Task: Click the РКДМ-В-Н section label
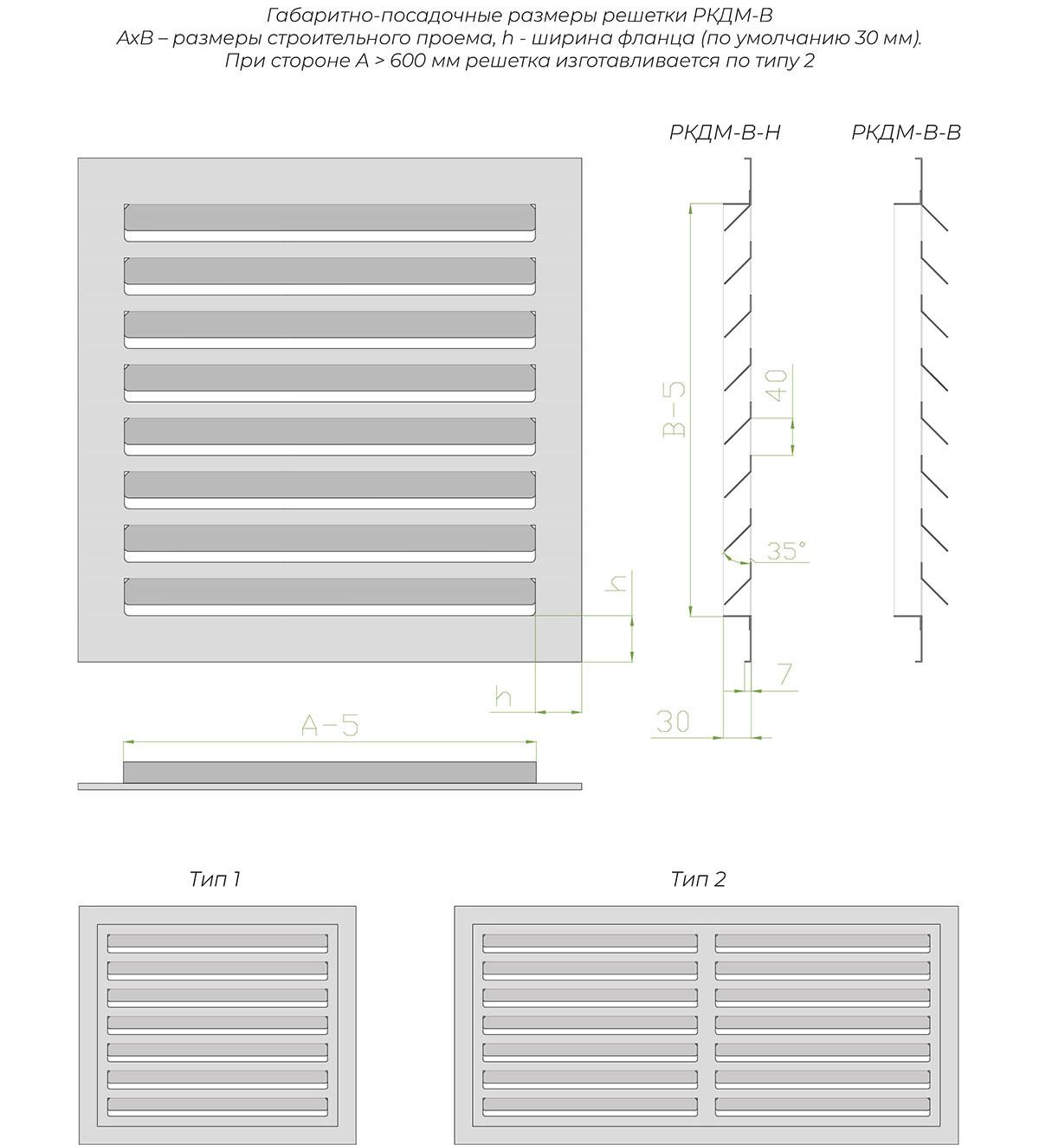click(x=725, y=133)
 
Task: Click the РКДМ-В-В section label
click(x=906, y=133)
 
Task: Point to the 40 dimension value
click(x=777, y=385)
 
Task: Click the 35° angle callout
click(x=786, y=551)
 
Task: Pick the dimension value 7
click(x=784, y=674)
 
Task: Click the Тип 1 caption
click(x=215, y=880)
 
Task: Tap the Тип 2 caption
click(x=698, y=880)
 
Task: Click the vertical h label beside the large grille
click(x=617, y=583)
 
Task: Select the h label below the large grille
click(x=503, y=696)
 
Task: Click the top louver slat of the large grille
click(x=329, y=218)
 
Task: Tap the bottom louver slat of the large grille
click(x=329, y=592)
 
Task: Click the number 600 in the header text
click(x=406, y=61)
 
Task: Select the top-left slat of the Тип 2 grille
click(x=590, y=942)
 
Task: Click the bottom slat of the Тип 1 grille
click(x=217, y=1107)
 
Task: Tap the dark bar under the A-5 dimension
click(x=330, y=772)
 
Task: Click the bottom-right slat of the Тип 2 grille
click(x=823, y=1107)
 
